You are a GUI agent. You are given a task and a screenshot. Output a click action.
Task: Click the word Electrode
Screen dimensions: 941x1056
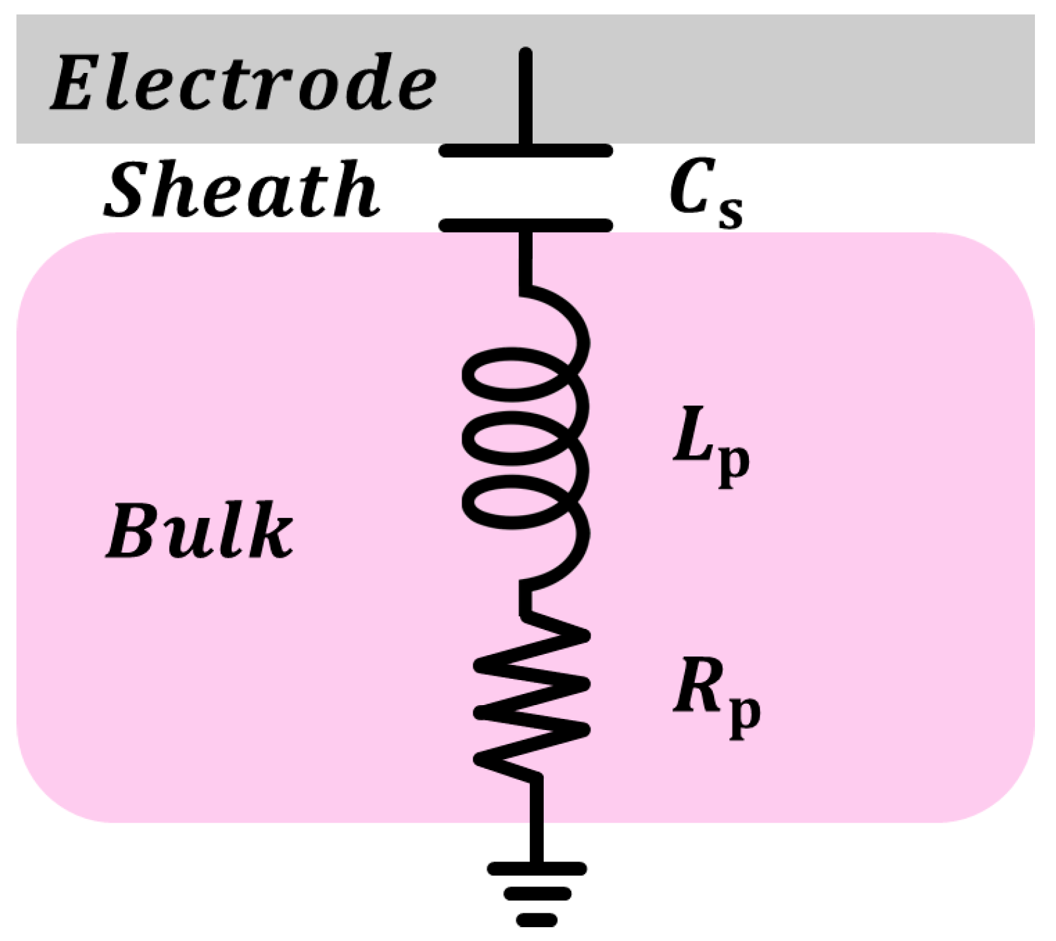tap(243, 83)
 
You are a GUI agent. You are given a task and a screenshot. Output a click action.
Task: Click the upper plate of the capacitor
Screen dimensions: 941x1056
tap(525, 150)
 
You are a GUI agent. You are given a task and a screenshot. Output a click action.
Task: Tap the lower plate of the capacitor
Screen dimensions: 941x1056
tap(525, 225)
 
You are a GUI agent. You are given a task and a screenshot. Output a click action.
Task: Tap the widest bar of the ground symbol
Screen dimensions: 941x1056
tap(537, 869)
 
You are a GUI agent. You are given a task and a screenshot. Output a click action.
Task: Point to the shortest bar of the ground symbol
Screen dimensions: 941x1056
tap(537, 920)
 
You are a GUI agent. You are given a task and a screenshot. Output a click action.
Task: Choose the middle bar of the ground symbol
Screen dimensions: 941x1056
tap(537, 894)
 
